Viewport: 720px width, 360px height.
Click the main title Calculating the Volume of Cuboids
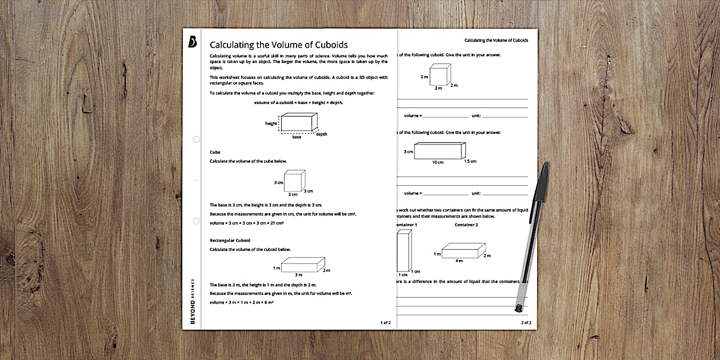[x=278, y=45]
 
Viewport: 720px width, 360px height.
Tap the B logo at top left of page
[x=192, y=43]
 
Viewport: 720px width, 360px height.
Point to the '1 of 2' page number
[x=386, y=323]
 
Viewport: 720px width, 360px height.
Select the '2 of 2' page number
[x=526, y=323]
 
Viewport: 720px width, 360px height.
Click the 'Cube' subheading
[x=215, y=152]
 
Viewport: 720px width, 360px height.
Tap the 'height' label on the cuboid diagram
[x=271, y=123]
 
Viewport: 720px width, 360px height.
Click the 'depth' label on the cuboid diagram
[x=322, y=134]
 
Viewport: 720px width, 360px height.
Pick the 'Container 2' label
[x=466, y=225]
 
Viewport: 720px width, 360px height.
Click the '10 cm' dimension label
[x=437, y=162]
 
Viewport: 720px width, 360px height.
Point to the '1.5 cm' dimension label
[x=470, y=161]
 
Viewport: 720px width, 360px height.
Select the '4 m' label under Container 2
[x=459, y=261]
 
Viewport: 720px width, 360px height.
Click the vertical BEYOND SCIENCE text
[x=193, y=302]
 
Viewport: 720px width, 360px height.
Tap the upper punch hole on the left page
[x=196, y=139]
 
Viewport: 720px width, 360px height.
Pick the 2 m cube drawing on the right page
[x=439, y=74]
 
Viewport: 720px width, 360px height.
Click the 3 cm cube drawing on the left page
[x=294, y=181]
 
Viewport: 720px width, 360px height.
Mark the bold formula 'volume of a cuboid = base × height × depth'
[x=298, y=103]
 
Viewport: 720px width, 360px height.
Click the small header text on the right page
[x=496, y=41]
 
